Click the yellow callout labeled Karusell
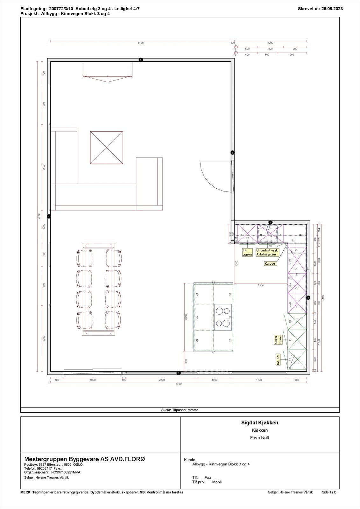tap(270, 264)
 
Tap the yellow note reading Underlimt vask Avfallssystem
tap(267, 252)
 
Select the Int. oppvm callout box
tap(247, 253)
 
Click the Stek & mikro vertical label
tap(278, 340)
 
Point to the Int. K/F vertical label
tap(278, 359)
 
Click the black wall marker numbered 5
tap(141, 60)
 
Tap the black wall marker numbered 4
tap(49, 216)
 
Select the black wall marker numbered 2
tap(308, 298)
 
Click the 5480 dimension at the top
tap(140, 43)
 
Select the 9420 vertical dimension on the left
tap(39, 217)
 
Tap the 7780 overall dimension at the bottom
tap(178, 384)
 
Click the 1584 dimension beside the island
tap(261, 285)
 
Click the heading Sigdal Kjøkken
tap(259, 423)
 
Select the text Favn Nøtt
tap(259, 437)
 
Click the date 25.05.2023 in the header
tap(332, 9)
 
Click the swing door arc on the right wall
tap(212, 176)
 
